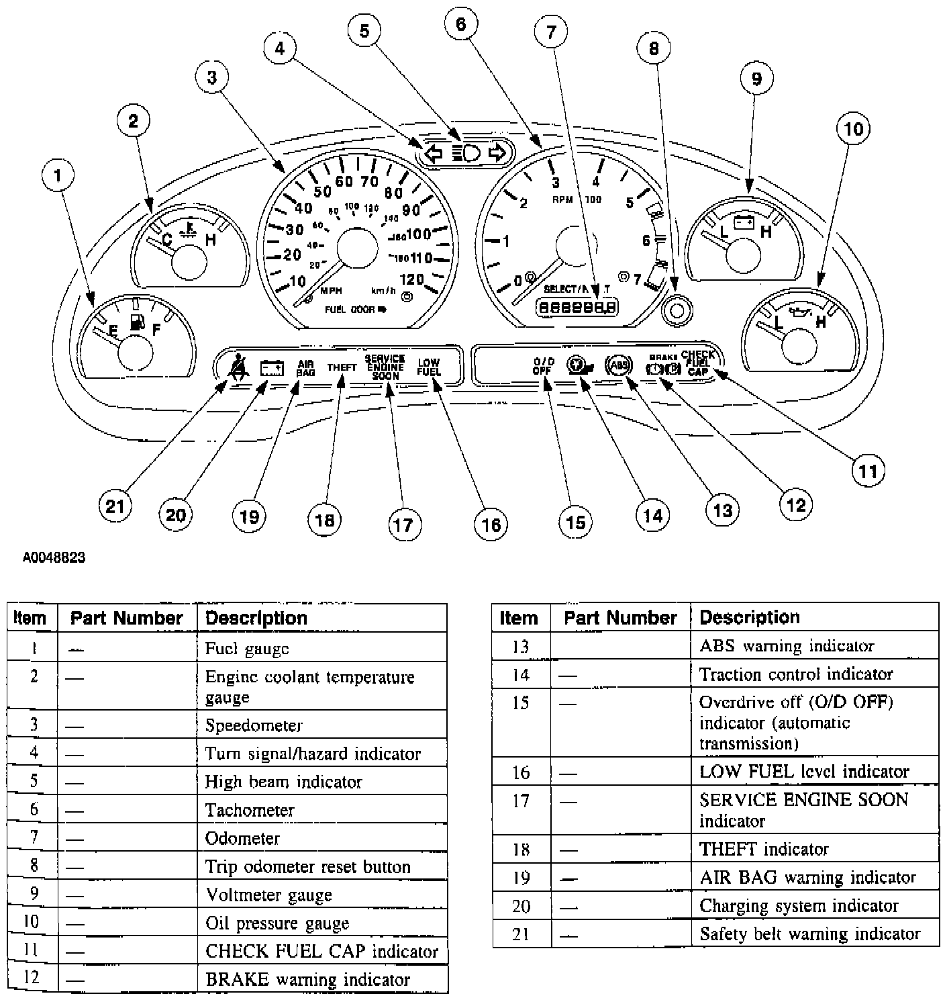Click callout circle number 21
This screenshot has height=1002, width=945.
pyautogui.click(x=115, y=505)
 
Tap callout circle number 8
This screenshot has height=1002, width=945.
pyautogui.click(x=654, y=48)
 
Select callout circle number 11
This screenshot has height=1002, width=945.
pyautogui.click(x=868, y=471)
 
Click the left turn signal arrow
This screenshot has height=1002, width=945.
pyautogui.click(x=434, y=154)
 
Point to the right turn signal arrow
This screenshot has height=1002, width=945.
pyautogui.click(x=497, y=153)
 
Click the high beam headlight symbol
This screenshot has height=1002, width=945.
pyautogui.click(x=466, y=153)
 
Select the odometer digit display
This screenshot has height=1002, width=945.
pyautogui.click(x=575, y=308)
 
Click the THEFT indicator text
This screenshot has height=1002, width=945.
pyautogui.click(x=342, y=367)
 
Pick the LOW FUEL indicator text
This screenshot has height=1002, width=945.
pyautogui.click(x=428, y=367)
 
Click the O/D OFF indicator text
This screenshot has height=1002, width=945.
pyautogui.click(x=542, y=366)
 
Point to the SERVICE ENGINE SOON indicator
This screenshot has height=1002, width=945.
pyautogui.click(x=385, y=367)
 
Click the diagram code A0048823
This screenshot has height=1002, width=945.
pyautogui.click(x=54, y=557)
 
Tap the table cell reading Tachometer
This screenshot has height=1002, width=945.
pyautogui.click(x=250, y=811)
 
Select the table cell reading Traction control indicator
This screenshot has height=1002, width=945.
pyautogui.click(x=796, y=674)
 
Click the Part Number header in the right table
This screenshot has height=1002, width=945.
pyautogui.click(x=620, y=618)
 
